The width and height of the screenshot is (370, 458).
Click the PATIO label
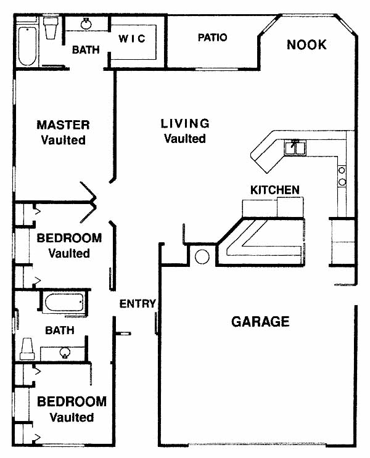(213, 38)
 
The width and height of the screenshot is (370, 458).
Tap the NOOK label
(306, 44)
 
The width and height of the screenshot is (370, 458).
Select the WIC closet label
(132, 39)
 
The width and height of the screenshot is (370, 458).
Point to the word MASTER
(63, 125)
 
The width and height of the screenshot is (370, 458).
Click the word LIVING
(185, 123)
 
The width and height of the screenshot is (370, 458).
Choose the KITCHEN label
(274, 190)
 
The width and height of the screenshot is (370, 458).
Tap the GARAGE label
(260, 322)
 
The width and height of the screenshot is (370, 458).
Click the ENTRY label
(138, 304)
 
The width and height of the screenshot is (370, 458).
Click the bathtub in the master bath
(28, 46)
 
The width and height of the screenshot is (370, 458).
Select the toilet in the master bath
(51, 28)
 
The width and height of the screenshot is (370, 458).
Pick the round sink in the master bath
(86, 23)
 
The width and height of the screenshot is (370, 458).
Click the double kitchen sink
(295, 147)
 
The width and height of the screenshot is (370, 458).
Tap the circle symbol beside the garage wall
(202, 257)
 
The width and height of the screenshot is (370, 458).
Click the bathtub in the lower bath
(64, 303)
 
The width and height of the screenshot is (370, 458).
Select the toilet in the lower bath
(28, 349)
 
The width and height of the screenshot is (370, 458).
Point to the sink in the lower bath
(65, 353)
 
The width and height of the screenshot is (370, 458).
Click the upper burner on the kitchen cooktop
(342, 170)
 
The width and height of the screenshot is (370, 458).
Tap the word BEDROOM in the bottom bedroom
(72, 402)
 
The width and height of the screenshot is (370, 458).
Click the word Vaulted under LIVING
(185, 139)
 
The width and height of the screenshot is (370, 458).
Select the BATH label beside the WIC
(86, 50)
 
